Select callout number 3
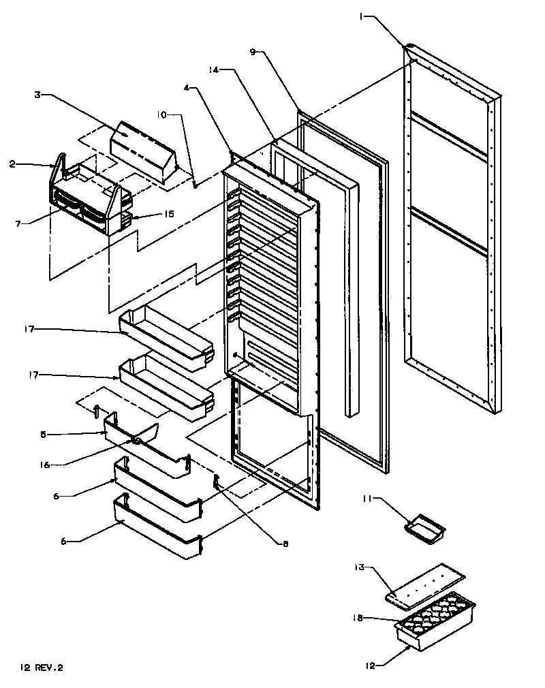coord(39,95)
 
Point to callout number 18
coord(356,619)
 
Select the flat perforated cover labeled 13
coord(424,587)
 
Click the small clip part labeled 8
coord(217,483)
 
